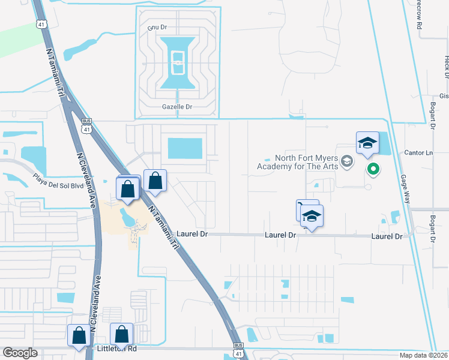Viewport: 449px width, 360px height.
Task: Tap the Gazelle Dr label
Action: point(177,107)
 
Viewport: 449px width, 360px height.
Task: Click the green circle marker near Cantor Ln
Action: point(373,170)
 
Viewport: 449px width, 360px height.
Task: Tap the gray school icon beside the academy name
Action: point(346,161)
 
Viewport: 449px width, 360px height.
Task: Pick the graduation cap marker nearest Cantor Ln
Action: point(367,143)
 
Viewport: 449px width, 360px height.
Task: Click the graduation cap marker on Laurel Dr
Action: point(312,216)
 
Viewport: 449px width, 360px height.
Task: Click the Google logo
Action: point(20,353)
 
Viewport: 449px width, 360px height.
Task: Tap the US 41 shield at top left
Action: point(40,23)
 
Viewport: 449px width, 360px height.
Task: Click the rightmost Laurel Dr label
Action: point(387,236)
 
